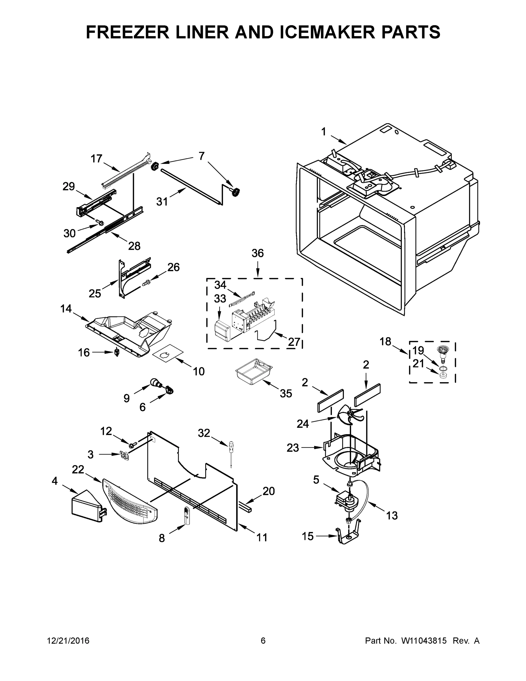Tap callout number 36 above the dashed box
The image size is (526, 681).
(258, 253)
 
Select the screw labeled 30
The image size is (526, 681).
(100, 223)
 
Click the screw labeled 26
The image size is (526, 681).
(145, 283)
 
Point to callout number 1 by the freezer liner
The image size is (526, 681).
(324, 132)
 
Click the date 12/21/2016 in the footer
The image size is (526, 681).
(68, 640)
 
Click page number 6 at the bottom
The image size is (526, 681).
(263, 640)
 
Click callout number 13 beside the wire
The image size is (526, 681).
(392, 515)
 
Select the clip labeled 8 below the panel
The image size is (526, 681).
(186, 516)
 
